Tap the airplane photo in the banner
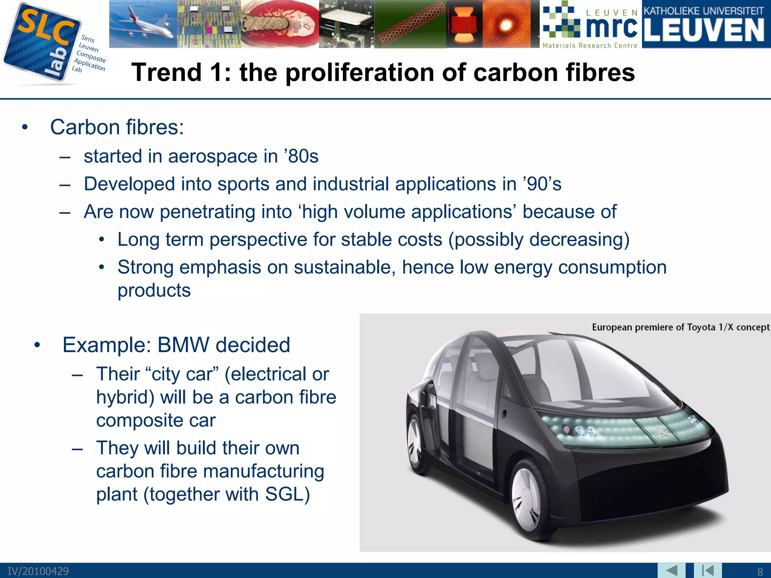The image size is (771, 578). click(x=143, y=23)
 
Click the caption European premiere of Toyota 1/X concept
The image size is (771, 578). click(x=680, y=327)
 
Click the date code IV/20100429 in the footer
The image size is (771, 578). click(x=38, y=571)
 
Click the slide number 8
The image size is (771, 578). click(x=760, y=572)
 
